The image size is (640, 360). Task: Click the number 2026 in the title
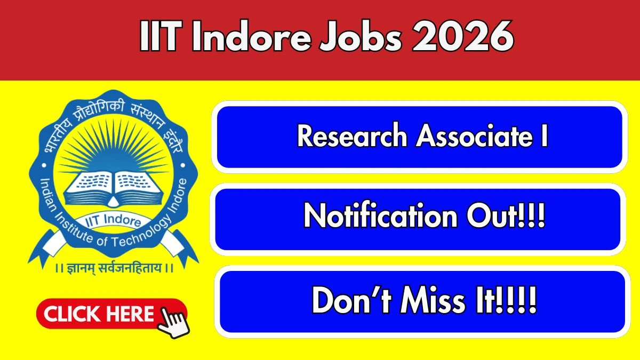click(x=463, y=36)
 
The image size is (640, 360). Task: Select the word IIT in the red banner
click(x=161, y=36)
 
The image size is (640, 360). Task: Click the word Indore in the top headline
click(x=251, y=36)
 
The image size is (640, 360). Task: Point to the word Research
click(x=352, y=135)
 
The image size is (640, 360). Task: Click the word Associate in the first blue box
click(x=474, y=135)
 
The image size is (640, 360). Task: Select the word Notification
click(x=380, y=215)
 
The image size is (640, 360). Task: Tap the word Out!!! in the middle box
click(x=506, y=215)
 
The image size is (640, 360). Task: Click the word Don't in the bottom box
click(x=351, y=300)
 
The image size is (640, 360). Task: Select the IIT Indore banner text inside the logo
click(x=114, y=221)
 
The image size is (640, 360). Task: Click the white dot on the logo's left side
click(x=44, y=165)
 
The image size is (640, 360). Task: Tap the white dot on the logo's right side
click(x=183, y=165)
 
